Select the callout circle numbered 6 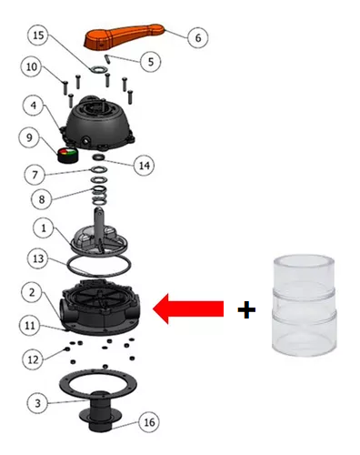coord(198,38)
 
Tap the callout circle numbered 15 coord(38,35)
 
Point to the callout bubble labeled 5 coord(151,62)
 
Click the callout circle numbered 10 coord(32,66)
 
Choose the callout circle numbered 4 coord(34,106)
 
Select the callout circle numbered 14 coord(145,166)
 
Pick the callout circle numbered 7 coord(35,175)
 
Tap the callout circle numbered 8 coord(42,199)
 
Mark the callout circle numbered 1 coord(44,228)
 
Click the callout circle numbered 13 coord(38,259)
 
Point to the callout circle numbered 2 coord(32,293)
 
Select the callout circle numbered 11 coord(30,326)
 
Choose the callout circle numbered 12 coord(33,360)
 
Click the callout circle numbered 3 coord(37,403)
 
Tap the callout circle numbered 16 coord(149,422)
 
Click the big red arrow coord(188,308)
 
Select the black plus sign coord(246,309)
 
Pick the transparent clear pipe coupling coord(305,306)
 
